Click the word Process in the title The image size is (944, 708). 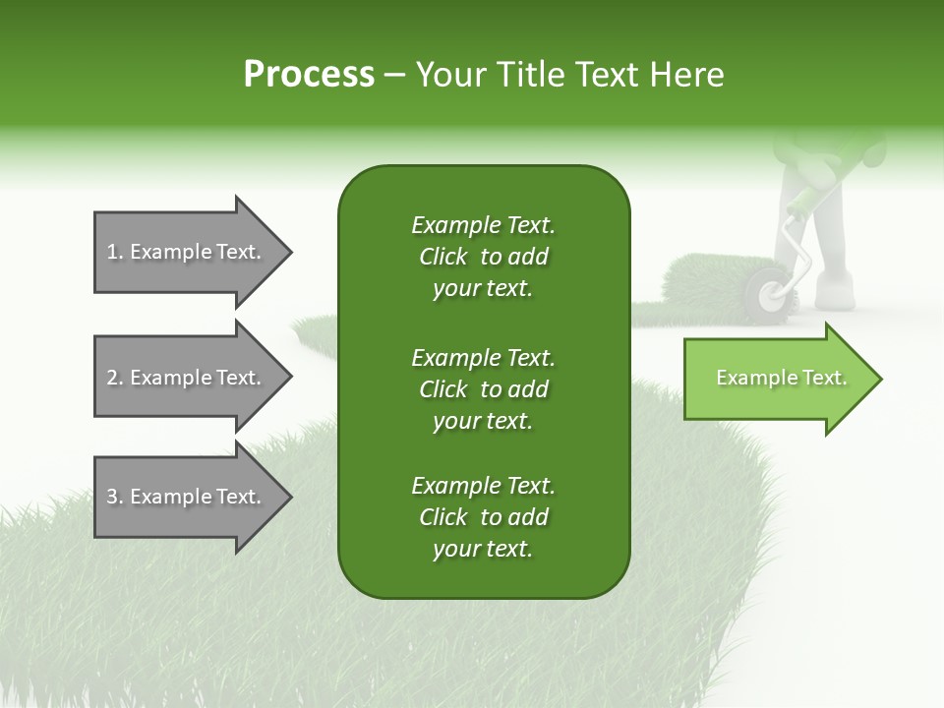[x=309, y=75]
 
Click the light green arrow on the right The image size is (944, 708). [x=782, y=379]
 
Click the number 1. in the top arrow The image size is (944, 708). [x=115, y=252]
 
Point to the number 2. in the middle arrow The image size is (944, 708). [x=115, y=378]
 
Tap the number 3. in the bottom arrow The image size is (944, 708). [x=115, y=497]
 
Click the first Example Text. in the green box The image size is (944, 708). [x=483, y=225]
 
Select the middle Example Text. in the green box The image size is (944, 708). [x=483, y=357]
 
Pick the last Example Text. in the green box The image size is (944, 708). [x=483, y=486]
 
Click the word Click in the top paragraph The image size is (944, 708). [x=443, y=257]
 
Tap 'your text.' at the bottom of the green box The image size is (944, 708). [x=483, y=550]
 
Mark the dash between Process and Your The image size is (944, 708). [x=395, y=75]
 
